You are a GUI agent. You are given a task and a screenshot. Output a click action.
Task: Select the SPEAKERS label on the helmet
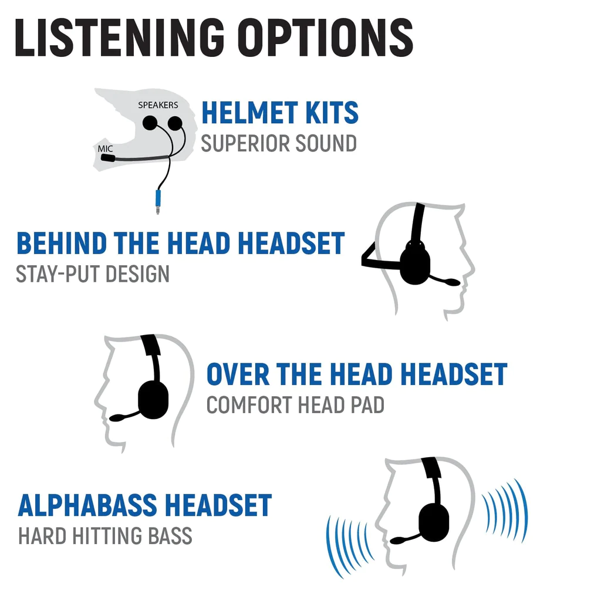pos(158,105)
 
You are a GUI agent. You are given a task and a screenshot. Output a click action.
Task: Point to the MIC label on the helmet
pos(105,149)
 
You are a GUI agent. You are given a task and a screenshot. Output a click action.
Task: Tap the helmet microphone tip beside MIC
pos(107,158)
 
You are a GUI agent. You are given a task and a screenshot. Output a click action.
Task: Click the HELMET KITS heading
pos(279,113)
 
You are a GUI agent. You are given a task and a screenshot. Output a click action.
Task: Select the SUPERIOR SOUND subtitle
pos(279,144)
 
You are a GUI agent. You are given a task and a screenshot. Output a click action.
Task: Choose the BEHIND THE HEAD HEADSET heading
pos(180,244)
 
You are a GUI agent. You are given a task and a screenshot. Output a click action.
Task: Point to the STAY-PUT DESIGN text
pos(93,274)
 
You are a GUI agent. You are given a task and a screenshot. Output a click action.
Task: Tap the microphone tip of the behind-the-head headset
pos(452,283)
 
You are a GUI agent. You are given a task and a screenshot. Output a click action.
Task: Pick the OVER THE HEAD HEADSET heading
pos(356,374)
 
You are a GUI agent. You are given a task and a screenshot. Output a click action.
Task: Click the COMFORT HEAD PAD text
pos(295,406)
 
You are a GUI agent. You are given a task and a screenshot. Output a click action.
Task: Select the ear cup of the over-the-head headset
pos(153,400)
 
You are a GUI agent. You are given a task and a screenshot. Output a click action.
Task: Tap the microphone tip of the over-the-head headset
pos(117,417)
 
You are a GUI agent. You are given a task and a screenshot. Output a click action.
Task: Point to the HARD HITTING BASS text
pos(105,536)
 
